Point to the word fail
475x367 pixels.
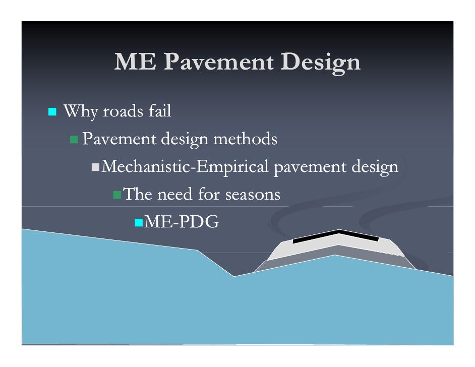159,111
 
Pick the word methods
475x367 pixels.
246,139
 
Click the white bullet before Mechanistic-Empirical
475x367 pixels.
95,166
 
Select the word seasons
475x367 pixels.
252,194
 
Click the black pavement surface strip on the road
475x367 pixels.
335,235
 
